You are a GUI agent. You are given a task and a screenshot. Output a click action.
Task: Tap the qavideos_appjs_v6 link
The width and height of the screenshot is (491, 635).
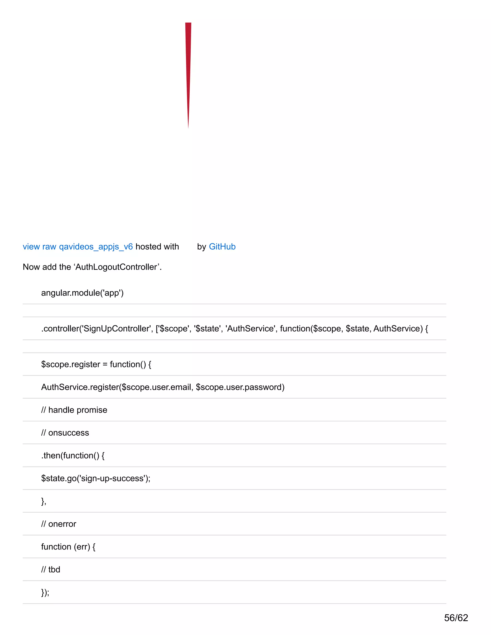[x=96, y=247]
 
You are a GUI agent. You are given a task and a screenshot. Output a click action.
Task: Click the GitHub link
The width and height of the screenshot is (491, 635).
[x=222, y=247]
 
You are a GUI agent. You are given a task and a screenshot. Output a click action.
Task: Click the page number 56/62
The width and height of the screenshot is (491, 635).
[x=456, y=618]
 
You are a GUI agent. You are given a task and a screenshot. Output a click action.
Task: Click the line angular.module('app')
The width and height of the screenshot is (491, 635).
[x=82, y=293]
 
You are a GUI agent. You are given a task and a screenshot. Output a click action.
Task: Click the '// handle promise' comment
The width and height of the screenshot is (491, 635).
[x=74, y=410]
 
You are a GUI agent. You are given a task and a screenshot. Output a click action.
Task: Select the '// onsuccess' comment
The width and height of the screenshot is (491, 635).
[x=65, y=433]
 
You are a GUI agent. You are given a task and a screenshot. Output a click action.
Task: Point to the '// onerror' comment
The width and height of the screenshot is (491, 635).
[x=59, y=524]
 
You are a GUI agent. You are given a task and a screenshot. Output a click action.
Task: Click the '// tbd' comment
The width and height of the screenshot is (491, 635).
[x=51, y=569]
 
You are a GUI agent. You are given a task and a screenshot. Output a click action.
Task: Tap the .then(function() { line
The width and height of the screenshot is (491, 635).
[x=73, y=455]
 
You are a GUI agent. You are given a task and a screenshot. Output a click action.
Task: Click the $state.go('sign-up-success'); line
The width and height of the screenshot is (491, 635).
[x=96, y=478]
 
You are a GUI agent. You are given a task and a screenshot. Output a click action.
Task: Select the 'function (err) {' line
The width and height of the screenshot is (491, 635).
[x=68, y=547]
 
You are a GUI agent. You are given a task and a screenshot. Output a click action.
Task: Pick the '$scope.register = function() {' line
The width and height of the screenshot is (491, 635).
[x=96, y=364]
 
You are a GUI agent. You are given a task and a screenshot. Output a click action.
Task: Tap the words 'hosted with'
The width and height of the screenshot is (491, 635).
[x=157, y=247]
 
